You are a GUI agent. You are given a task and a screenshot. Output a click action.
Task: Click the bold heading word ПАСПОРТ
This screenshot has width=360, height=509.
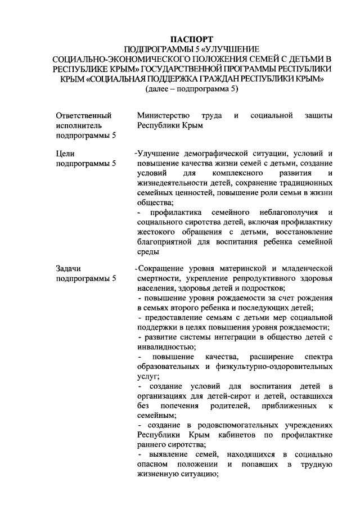tap(191, 39)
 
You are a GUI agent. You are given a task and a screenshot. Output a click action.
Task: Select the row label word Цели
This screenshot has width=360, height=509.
tap(65, 153)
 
